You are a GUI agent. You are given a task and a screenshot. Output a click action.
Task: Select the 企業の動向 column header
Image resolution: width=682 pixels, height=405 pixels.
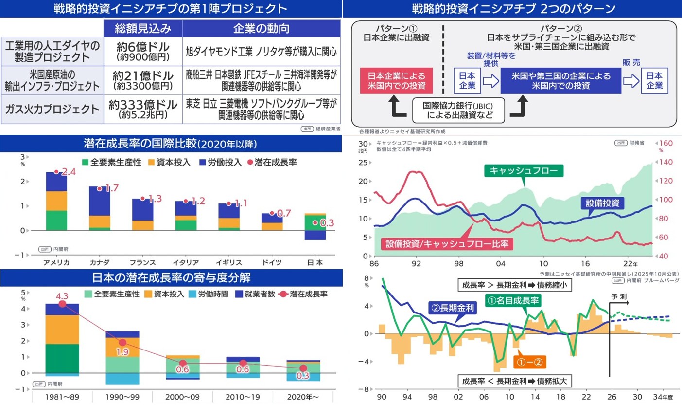[x=261, y=28]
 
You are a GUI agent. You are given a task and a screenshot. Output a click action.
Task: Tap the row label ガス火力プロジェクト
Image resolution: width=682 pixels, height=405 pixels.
[x=52, y=109]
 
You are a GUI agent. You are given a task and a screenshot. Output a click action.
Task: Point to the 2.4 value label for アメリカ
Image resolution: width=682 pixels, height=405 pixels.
[x=69, y=172]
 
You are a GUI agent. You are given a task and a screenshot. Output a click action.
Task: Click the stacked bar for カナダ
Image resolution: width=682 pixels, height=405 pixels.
[x=100, y=208]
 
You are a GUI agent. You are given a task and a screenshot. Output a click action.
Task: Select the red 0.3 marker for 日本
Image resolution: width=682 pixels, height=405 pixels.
[x=315, y=223]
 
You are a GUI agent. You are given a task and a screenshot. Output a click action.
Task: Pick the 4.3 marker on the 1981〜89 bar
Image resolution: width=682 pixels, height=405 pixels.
[x=62, y=304]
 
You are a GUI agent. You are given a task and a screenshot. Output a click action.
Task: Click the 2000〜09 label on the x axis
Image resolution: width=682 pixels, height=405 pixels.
[x=183, y=397]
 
